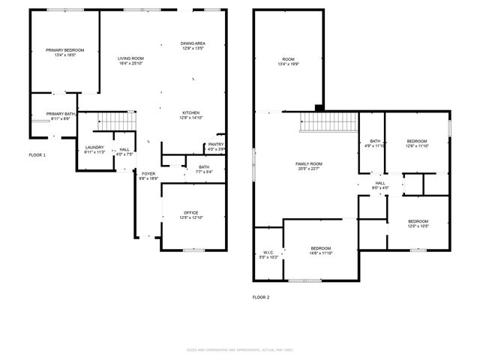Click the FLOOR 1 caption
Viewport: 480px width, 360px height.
click(x=37, y=154)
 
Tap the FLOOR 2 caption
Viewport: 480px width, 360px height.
click(x=261, y=297)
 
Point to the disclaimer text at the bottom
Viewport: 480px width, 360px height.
click(x=240, y=349)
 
